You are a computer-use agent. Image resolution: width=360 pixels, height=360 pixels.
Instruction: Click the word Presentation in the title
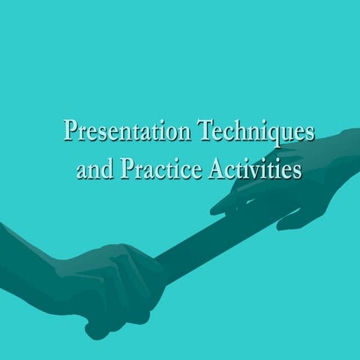pos(127,131)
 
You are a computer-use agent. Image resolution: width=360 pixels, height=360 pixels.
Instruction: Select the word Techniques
pos(255,131)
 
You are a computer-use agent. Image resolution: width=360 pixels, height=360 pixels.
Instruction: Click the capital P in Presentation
pos(71,131)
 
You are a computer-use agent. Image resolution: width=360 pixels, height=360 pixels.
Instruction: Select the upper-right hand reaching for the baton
pos(292,187)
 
